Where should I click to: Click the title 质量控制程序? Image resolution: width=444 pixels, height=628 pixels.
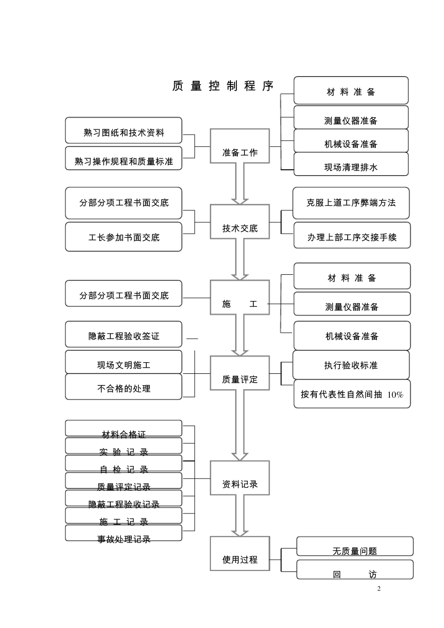click(222, 86)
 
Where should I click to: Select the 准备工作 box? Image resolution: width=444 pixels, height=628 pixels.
click(240, 146)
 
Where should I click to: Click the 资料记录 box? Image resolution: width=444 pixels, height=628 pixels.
click(240, 477)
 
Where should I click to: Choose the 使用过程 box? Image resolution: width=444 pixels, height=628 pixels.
click(240, 553)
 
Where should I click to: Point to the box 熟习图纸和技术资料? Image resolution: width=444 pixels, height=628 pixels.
click(123, 130)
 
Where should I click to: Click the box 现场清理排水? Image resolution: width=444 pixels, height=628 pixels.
click(351, 164)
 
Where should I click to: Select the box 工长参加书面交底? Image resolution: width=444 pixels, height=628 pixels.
click(123, 236)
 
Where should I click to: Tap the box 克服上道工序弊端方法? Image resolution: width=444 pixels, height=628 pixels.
click(351, 203)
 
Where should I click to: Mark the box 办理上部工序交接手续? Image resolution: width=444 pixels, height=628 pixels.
click(351, 235)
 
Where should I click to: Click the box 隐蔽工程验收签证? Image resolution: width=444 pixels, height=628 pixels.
click(123, 334)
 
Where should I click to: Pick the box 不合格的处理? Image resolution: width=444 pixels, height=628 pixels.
click(123, 386)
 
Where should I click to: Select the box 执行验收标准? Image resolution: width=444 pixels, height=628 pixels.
click(351, 365)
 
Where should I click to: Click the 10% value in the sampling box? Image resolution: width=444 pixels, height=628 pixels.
click(395, 395)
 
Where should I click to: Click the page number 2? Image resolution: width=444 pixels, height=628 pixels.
click(379, 589)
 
